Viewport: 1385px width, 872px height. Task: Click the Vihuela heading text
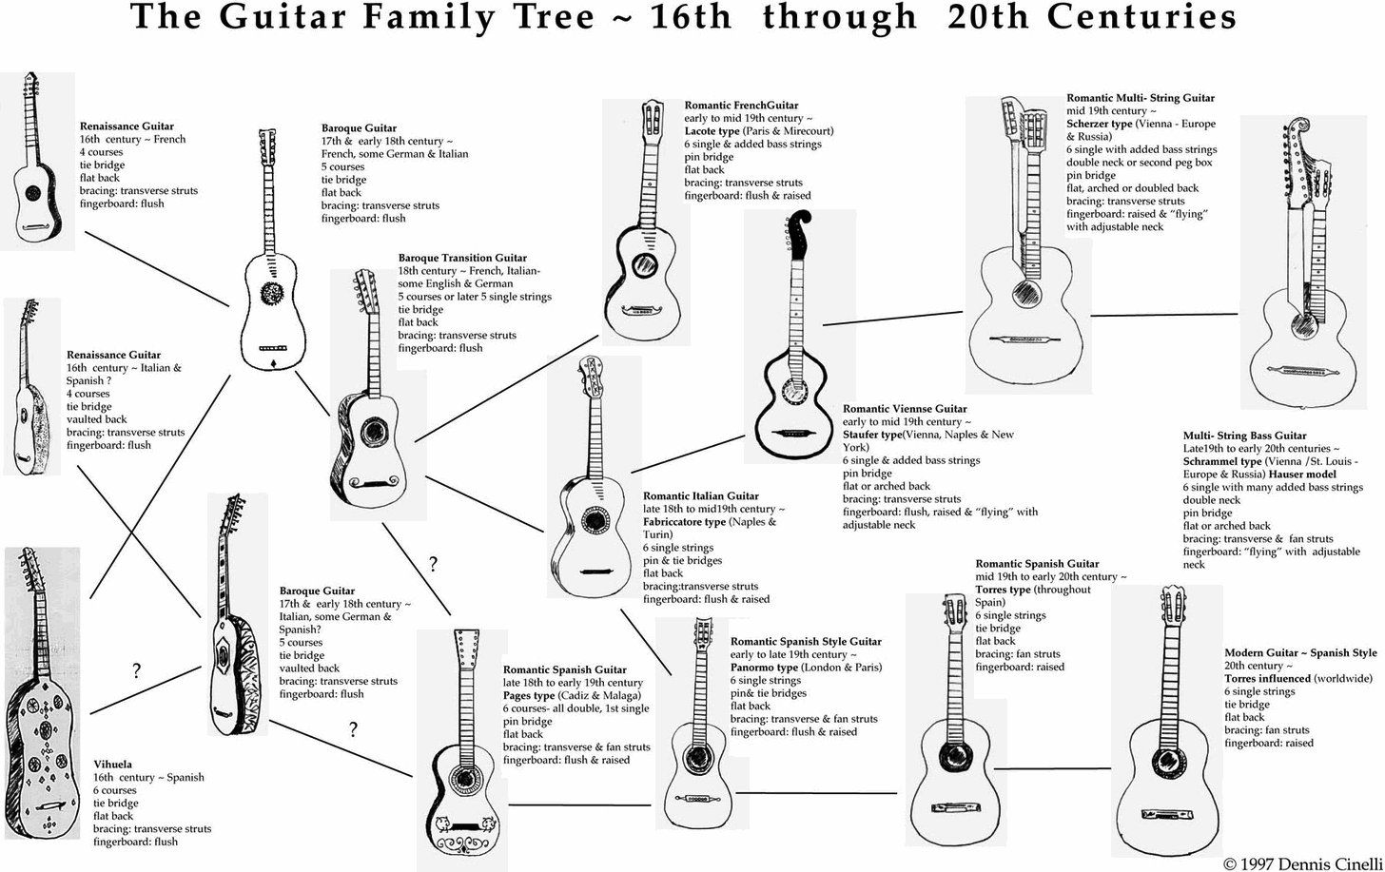[112, 765]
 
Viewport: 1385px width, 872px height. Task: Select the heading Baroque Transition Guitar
[462, 258]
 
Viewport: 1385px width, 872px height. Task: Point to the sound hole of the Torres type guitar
[954, 757]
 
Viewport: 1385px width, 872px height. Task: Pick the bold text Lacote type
[712, 131]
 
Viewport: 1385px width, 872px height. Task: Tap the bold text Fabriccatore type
[684, 522]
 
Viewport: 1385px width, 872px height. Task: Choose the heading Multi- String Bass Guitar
[1244, 436]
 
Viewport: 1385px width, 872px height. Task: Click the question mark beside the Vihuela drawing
[137, 672]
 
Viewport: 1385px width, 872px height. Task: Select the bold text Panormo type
[764, 668]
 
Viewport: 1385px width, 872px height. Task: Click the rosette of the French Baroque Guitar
[273, 294]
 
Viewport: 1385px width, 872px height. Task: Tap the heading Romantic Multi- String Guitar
[1140, 98]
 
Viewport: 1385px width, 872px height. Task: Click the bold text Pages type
[529, 696]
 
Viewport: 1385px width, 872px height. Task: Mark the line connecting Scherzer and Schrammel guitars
[1164, 315]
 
